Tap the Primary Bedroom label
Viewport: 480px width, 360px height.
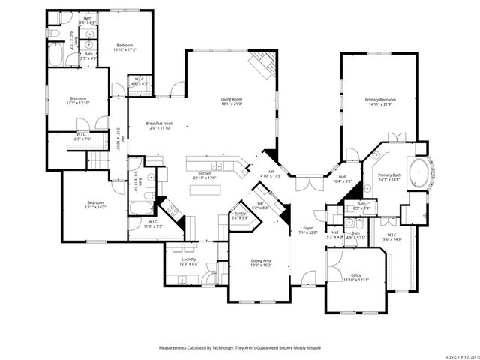coord(380,101)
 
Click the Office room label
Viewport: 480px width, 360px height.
coord(356,277)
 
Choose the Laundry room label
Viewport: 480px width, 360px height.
coord(189,260)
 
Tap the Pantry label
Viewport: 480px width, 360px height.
coord(240,215)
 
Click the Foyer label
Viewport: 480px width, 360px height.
coord(307,229)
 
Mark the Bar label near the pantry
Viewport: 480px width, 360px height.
coord(260,204)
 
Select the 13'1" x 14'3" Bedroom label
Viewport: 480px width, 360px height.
coord(95,204)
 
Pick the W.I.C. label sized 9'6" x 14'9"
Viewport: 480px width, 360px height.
coord(392,237)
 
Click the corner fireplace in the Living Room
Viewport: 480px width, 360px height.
coord(262,66)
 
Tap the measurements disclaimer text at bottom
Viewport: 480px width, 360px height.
coord(239,348)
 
